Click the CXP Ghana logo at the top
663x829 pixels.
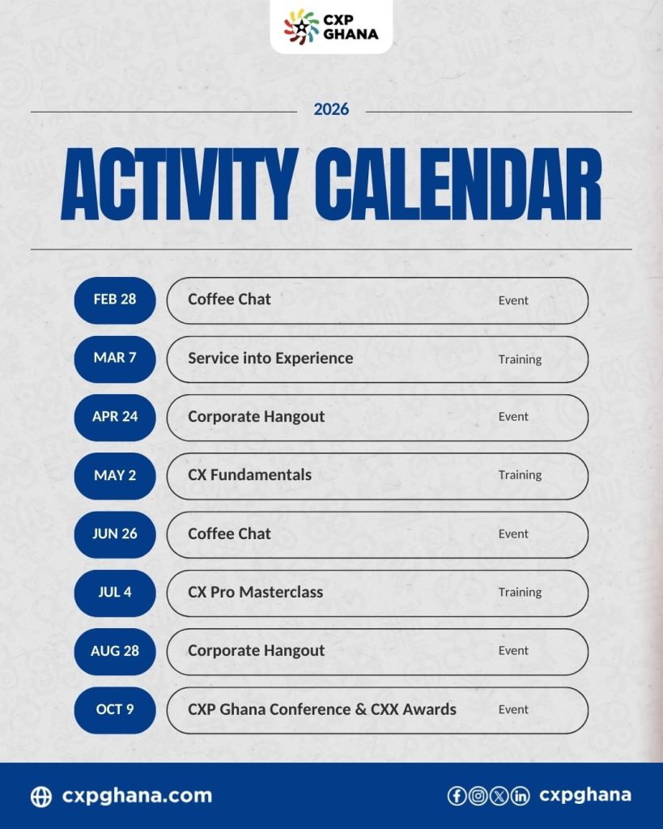(x=331, y=27)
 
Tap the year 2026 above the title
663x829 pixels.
(x=331, y=109)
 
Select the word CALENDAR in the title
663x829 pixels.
(x=458, y=184)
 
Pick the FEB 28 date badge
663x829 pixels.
(x=115, y=300)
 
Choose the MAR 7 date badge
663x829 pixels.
(x=115, y=359)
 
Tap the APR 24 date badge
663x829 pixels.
(x=115, y=417)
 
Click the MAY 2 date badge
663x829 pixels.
(x=115, y=476)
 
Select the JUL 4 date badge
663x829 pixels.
(x=115, y=593)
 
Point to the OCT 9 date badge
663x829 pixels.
(x=115, y=710)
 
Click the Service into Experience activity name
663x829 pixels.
(x=270, y=359)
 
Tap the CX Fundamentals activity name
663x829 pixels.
(x=249, y=474)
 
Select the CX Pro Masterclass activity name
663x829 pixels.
(x=255, y=592)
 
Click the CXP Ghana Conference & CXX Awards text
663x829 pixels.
(x=322, y=709)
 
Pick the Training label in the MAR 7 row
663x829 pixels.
(x=520, y=359)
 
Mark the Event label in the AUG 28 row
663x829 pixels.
(x=513, y=651)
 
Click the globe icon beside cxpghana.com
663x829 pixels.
(x=41, y=797)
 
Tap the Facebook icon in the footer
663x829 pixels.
(x=457, y=796)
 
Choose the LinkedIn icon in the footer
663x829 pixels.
(x=520, y=796)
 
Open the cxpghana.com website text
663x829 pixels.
(x=137, y=797)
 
